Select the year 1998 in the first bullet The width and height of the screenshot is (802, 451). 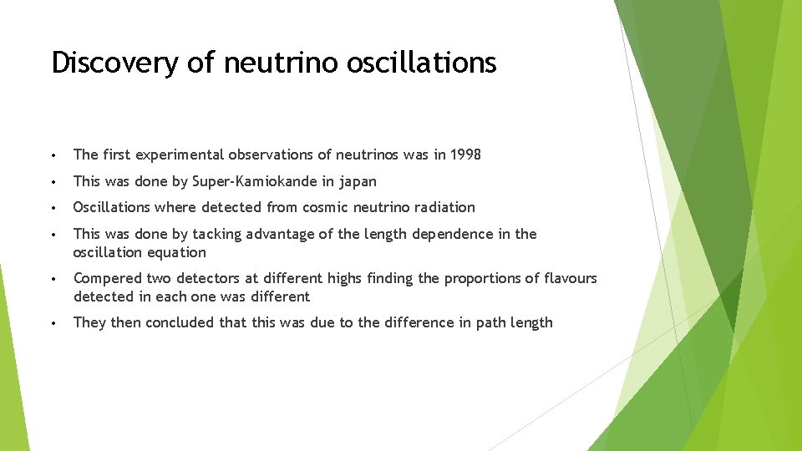(x=464, y=155)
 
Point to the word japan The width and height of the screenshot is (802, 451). (x=358, y=181)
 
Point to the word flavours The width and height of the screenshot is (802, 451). (x=568, y=278)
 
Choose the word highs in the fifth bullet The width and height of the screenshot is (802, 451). (x=344, y=278)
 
